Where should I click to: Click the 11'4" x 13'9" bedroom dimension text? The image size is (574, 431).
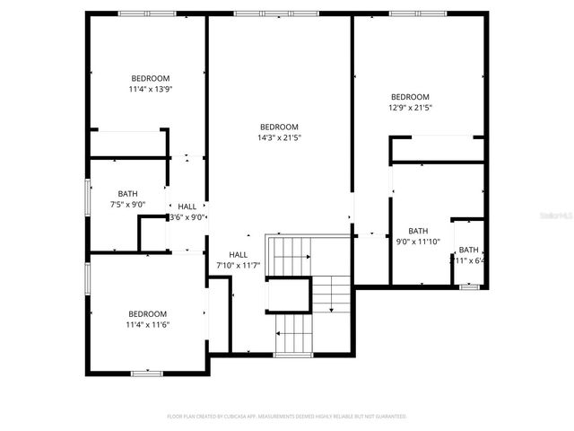pyautogui.click(x=150, y=90)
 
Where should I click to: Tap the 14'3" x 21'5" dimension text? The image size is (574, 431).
pyautogui.click(x=279, y=138)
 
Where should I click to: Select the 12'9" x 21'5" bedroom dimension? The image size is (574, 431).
pyautogui.click(x=410, y=109)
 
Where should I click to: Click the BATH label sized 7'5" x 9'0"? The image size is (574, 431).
pyautogui.click(x=127, y=193)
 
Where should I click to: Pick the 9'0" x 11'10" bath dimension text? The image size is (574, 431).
pyautogui.click(x=419, y=242)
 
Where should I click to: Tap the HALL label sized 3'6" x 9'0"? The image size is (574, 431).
pyautogui.click(x=187, y=207)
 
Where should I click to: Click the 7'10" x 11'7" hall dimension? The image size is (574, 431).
pyautogui.click(x=238, y=266)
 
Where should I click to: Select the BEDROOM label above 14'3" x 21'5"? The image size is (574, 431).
pyautogui.click(x=279, y=127)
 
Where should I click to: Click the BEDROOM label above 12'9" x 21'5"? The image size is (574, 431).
pyautogui.click(x=410, y=97)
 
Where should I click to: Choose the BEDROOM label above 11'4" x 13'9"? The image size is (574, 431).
pyautogui.click(x=150, y=78)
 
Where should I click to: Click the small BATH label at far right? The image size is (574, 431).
pyautogui.click(x=469, y=250)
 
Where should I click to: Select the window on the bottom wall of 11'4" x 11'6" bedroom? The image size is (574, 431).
pyautogui.click(x=145, y=373)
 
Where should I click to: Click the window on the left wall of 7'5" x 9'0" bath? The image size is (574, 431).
pyautogui.click(x=87, y=198)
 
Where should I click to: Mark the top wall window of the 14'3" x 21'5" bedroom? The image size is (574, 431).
pyautogui.click(x=275, y=13)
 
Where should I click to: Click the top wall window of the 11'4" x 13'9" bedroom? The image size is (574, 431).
pyautogui.click(x=147, y=13)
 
